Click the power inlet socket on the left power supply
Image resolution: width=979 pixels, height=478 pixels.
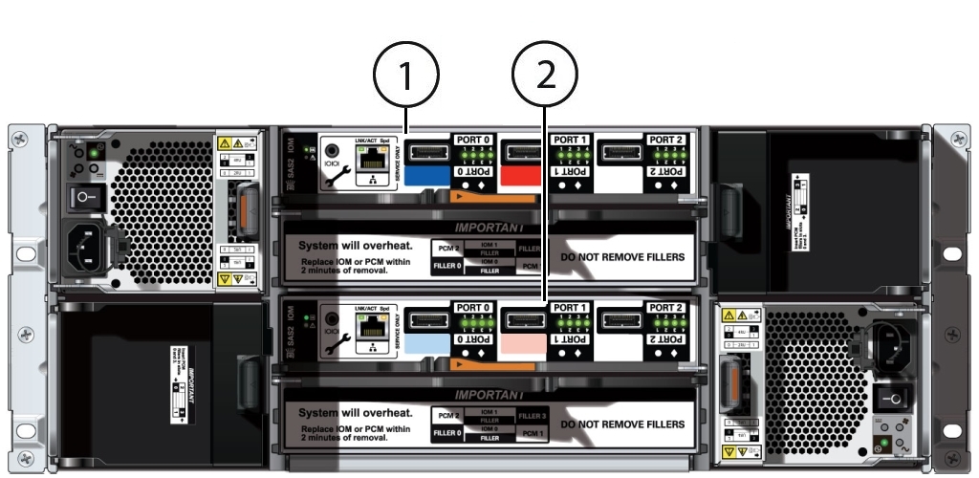click(94, 248)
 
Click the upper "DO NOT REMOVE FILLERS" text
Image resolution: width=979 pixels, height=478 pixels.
click(622, 257)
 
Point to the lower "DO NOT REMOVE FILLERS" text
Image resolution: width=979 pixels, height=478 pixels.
click(622, 424)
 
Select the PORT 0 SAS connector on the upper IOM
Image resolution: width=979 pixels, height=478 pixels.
click(428, 152)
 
